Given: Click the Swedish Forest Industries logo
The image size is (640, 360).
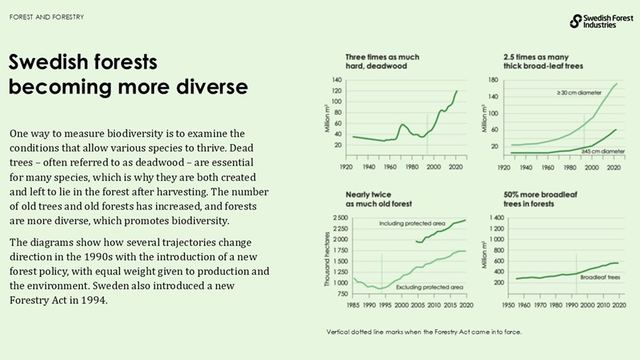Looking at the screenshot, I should coord(601,21).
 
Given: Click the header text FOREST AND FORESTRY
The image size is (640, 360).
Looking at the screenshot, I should coord(47,17).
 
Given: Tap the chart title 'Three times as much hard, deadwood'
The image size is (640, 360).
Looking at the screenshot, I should coord(382,61).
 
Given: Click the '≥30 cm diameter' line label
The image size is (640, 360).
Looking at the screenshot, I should coord(578,93).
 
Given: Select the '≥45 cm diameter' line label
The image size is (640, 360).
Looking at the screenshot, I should coord(602,151).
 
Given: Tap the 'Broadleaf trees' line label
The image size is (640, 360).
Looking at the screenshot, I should coord(600,277).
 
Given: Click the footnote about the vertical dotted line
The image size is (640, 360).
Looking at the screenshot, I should coord(423,332).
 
